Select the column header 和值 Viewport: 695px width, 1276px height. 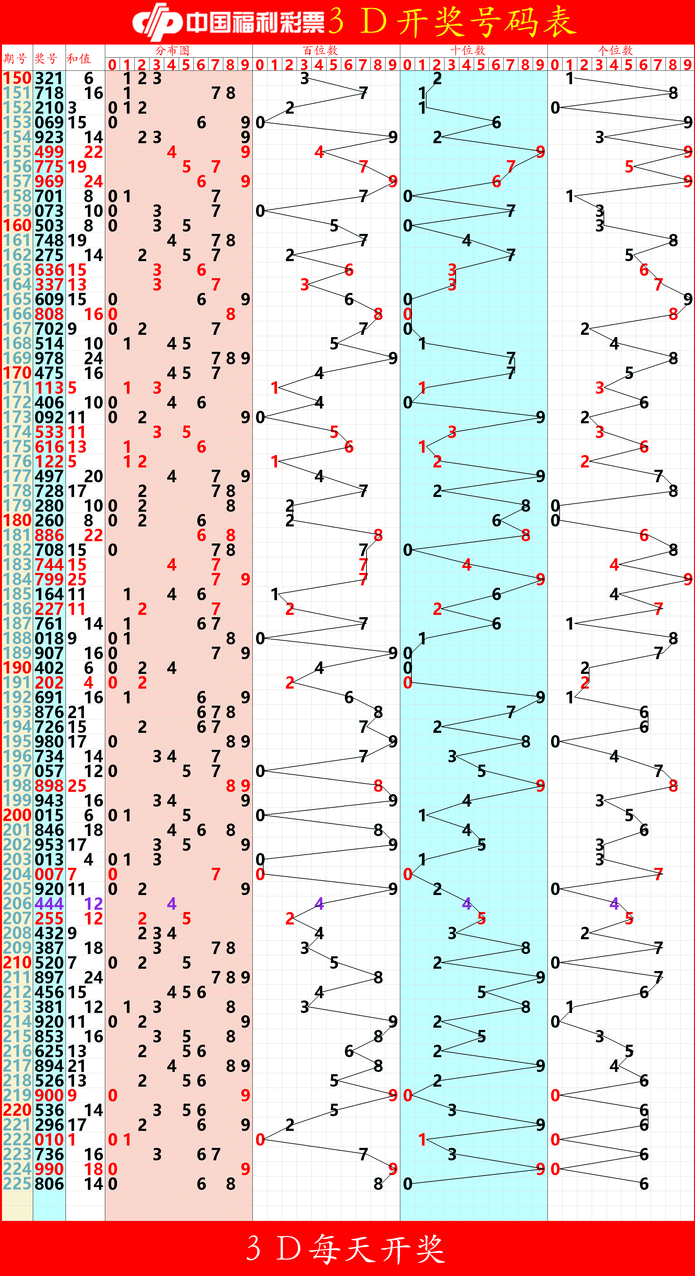[78, 58]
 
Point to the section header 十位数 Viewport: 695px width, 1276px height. [467, 50]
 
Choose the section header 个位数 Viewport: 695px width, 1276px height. [615, 50]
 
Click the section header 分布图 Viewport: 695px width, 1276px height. [172, 50]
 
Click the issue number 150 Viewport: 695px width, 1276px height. [17, 78]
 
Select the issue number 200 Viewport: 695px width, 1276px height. [17, 815]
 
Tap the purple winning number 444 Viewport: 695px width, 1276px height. [49, 904]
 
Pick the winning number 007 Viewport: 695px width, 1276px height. [49, 874]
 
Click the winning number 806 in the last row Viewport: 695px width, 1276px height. [49, 1184]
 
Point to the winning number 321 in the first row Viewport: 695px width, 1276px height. [49, 78]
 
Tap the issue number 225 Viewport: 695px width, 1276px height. [17, 1184]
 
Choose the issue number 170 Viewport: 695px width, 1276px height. [17, 373]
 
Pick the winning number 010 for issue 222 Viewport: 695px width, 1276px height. [49, 1139]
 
